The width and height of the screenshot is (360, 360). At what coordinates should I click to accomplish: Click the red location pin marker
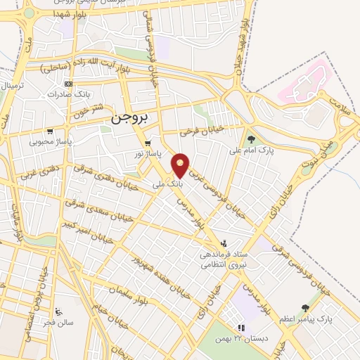(x=181, y=165)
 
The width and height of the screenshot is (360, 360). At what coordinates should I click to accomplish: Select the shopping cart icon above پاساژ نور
(x=146, y=143)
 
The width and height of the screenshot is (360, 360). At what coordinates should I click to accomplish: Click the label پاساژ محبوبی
(x=48, y=141)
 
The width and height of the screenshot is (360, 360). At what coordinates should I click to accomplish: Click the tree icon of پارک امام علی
(x=250, y=139)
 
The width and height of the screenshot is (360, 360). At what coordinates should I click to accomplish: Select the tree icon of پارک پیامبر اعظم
(x=304, y=307)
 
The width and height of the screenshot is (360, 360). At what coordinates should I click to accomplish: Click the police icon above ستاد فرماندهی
(x=224, y=243)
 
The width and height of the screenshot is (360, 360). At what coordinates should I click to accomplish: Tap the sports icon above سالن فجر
(x=58, y=311)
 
